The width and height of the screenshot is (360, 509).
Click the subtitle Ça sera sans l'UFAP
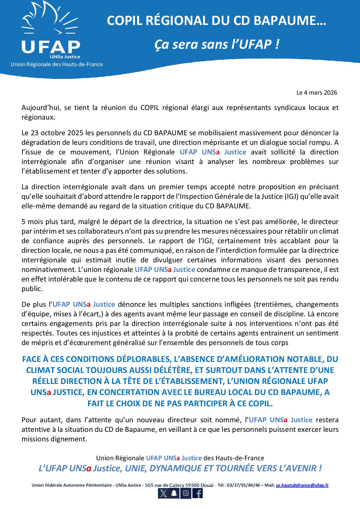[217, 44]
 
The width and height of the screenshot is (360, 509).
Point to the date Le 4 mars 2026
[317, 93]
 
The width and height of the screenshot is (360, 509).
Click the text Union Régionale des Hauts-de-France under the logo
[57, 64]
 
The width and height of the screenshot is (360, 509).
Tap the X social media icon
[163, 493]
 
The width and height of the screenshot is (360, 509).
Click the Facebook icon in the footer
[197, 493]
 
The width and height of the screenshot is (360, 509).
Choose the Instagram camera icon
[186, 493]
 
